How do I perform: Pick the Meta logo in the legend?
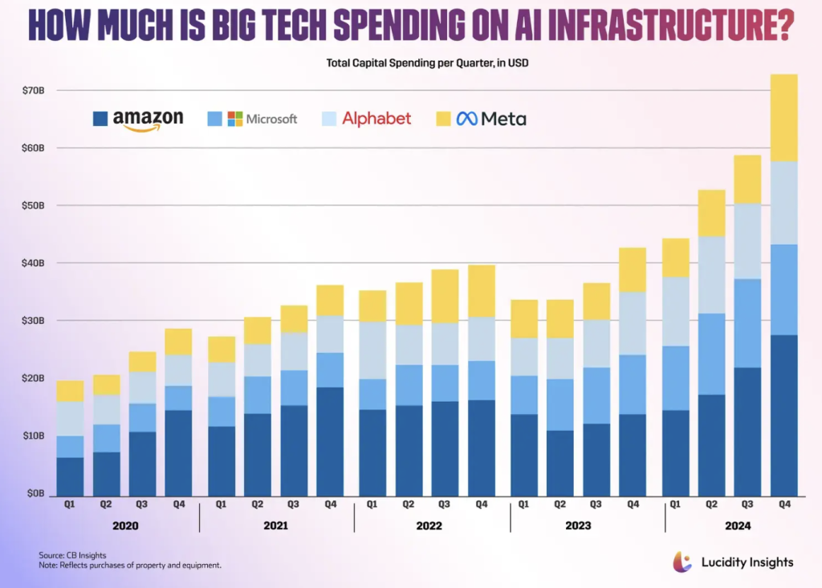[x=491, y=119]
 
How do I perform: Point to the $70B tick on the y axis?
[x=33, y=91]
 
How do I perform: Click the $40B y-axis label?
[x=33, y=263]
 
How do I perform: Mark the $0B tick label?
[x=35, y=493]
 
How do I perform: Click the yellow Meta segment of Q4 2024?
[x=783, y=118]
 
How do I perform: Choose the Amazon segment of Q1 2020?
[x=70, y=476]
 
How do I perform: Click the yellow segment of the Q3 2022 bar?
[x=446, y=296]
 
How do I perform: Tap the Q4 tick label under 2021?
[x=330, y=505]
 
